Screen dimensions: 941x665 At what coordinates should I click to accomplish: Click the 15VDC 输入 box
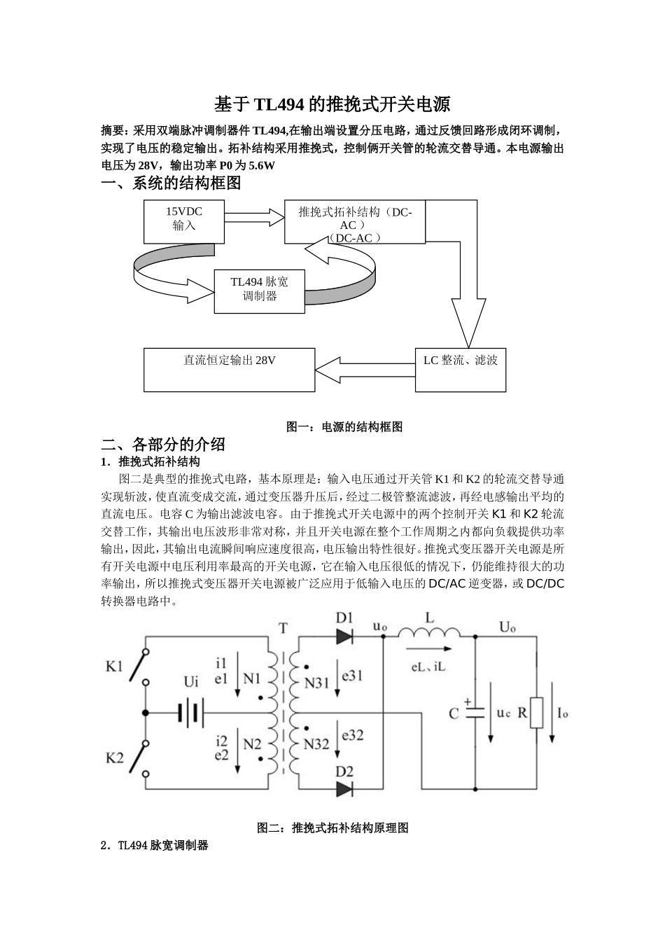(x=184, y=221)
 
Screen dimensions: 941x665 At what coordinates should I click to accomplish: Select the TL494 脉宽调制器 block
(x=258, y=289)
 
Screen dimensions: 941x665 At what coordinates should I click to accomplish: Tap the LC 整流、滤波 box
(x=460, y=369)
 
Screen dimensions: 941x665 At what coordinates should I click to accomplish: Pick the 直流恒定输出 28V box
(x=229, y=369)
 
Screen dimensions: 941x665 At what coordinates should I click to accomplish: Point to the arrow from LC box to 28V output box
(x=365, y=365)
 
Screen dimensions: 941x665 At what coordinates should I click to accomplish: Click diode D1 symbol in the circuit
(x=344, y=636)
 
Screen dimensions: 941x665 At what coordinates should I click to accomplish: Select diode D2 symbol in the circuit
(x=344, y=788)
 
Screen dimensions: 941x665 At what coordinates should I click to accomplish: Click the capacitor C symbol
(x=475, y=712)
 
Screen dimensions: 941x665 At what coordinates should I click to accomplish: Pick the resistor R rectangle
(x=536, y=712)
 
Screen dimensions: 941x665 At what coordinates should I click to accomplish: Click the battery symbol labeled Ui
(x=190, y=713)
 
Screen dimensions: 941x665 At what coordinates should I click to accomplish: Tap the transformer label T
(x=283, y=628)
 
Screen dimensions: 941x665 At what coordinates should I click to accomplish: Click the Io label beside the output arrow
(x=562, y=713)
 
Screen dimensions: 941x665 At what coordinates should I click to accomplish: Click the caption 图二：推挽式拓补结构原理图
(x=332, y=828)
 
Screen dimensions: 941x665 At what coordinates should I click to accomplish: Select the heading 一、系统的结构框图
(x=171, y=183)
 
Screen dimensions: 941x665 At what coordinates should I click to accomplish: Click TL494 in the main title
(x=279, y=105)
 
